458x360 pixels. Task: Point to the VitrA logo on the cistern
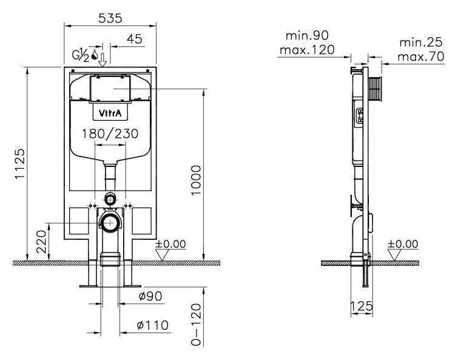click(110, 113)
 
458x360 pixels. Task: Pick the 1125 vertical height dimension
click(19, 165)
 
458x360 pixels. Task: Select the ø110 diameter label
click(152, 326)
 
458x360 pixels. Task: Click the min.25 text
click(420, 43)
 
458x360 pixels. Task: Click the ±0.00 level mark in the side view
click(403, 244)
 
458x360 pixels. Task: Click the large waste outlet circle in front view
click(110, 222)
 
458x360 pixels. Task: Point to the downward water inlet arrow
click(103, 59)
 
